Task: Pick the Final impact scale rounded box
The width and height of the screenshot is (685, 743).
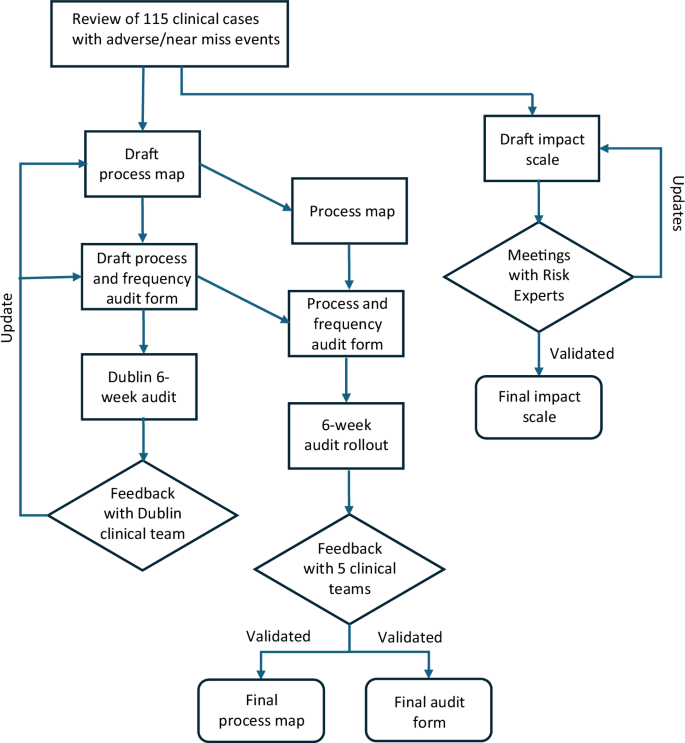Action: pos(539,406)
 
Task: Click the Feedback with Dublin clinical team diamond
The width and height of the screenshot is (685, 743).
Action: pos(143,515)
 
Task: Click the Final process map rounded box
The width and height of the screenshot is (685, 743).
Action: pos(261,711)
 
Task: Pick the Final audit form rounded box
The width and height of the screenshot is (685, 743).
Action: pos(430,711)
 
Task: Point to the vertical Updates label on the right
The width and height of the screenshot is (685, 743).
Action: pos(676,204)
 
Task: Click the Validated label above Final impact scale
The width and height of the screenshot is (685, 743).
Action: pos(581,352)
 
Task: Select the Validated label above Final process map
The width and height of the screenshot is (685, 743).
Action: pos(278,636)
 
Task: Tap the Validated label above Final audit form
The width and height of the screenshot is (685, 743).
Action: pos(409,636)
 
